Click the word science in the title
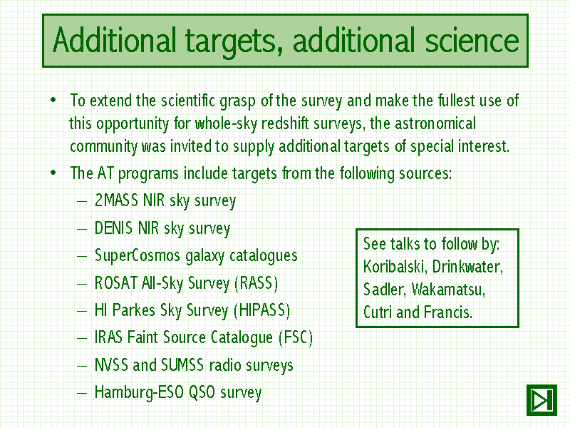[472, 41]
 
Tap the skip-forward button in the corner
[541, 400]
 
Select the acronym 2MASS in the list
[116, 200]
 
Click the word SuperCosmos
[137, 255]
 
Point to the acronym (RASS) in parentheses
[256, 283]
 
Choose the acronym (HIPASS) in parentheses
[261, 310]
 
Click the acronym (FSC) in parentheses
[296, 337]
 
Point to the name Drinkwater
[468, 267]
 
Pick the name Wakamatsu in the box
[449, 290]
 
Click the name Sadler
[384, 290]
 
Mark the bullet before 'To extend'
[53, 100]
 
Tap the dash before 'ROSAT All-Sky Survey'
[82, 283]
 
